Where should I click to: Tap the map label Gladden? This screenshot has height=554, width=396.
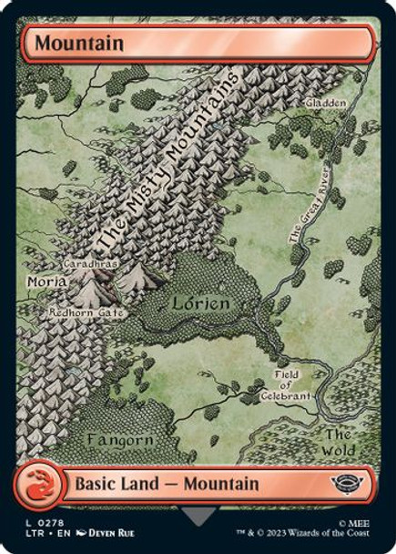coord(327,104)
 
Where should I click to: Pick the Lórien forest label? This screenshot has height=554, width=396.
coord(197,303)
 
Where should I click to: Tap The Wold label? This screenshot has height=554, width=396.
coord(339,442)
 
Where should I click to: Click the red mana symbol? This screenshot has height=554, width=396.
coord(46,484)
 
